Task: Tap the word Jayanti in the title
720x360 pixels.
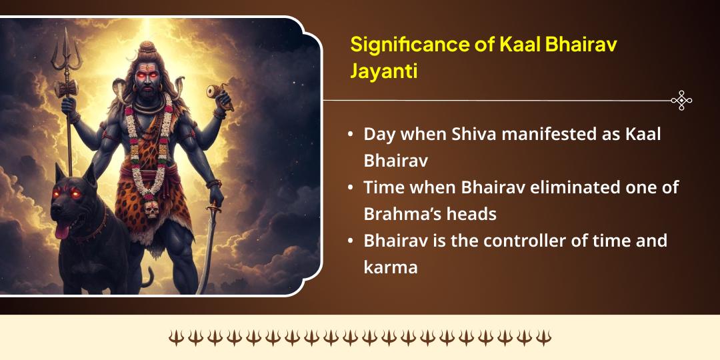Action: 384,71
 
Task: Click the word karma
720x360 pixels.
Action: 390,267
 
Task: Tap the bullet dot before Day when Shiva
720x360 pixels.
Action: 351,134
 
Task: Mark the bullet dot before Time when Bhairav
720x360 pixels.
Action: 351,188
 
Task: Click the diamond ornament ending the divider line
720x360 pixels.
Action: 681,101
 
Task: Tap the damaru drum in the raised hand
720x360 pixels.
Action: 216,91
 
